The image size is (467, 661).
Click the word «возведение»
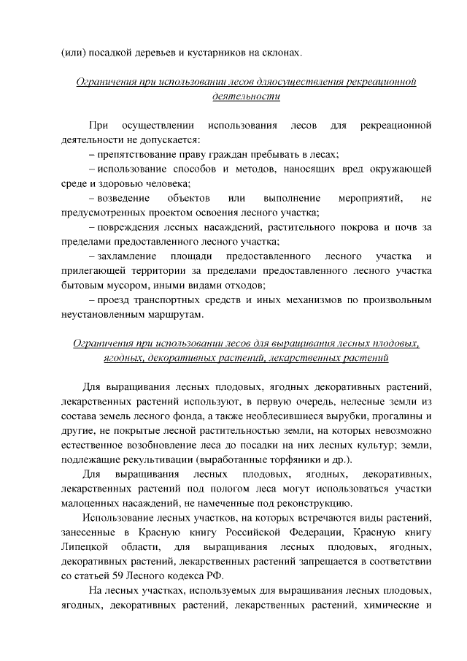click(x=123, y=198)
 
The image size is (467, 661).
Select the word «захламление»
click(x=127, y=256)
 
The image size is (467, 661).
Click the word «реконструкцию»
click(x=313, y=503)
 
